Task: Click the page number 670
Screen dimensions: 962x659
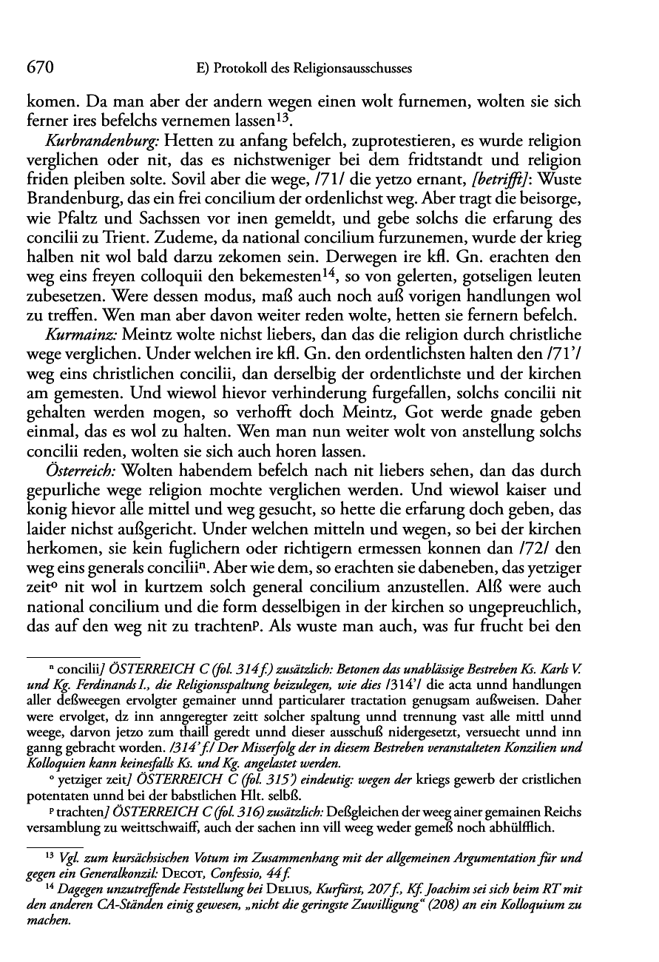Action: point(38,68)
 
